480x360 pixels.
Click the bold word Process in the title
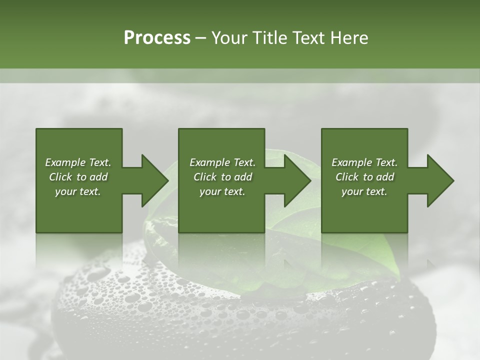(157, 38)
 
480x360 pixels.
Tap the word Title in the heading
(269, 38)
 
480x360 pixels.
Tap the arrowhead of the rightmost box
(439, 180)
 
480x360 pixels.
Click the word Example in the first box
(65, 162)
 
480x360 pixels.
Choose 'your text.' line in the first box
(78, 191)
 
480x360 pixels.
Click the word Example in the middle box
(209, 162)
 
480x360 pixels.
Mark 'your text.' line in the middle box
(222, 191)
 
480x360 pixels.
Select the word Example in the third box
(351, 162)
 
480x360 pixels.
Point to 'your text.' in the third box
(364, 191)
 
